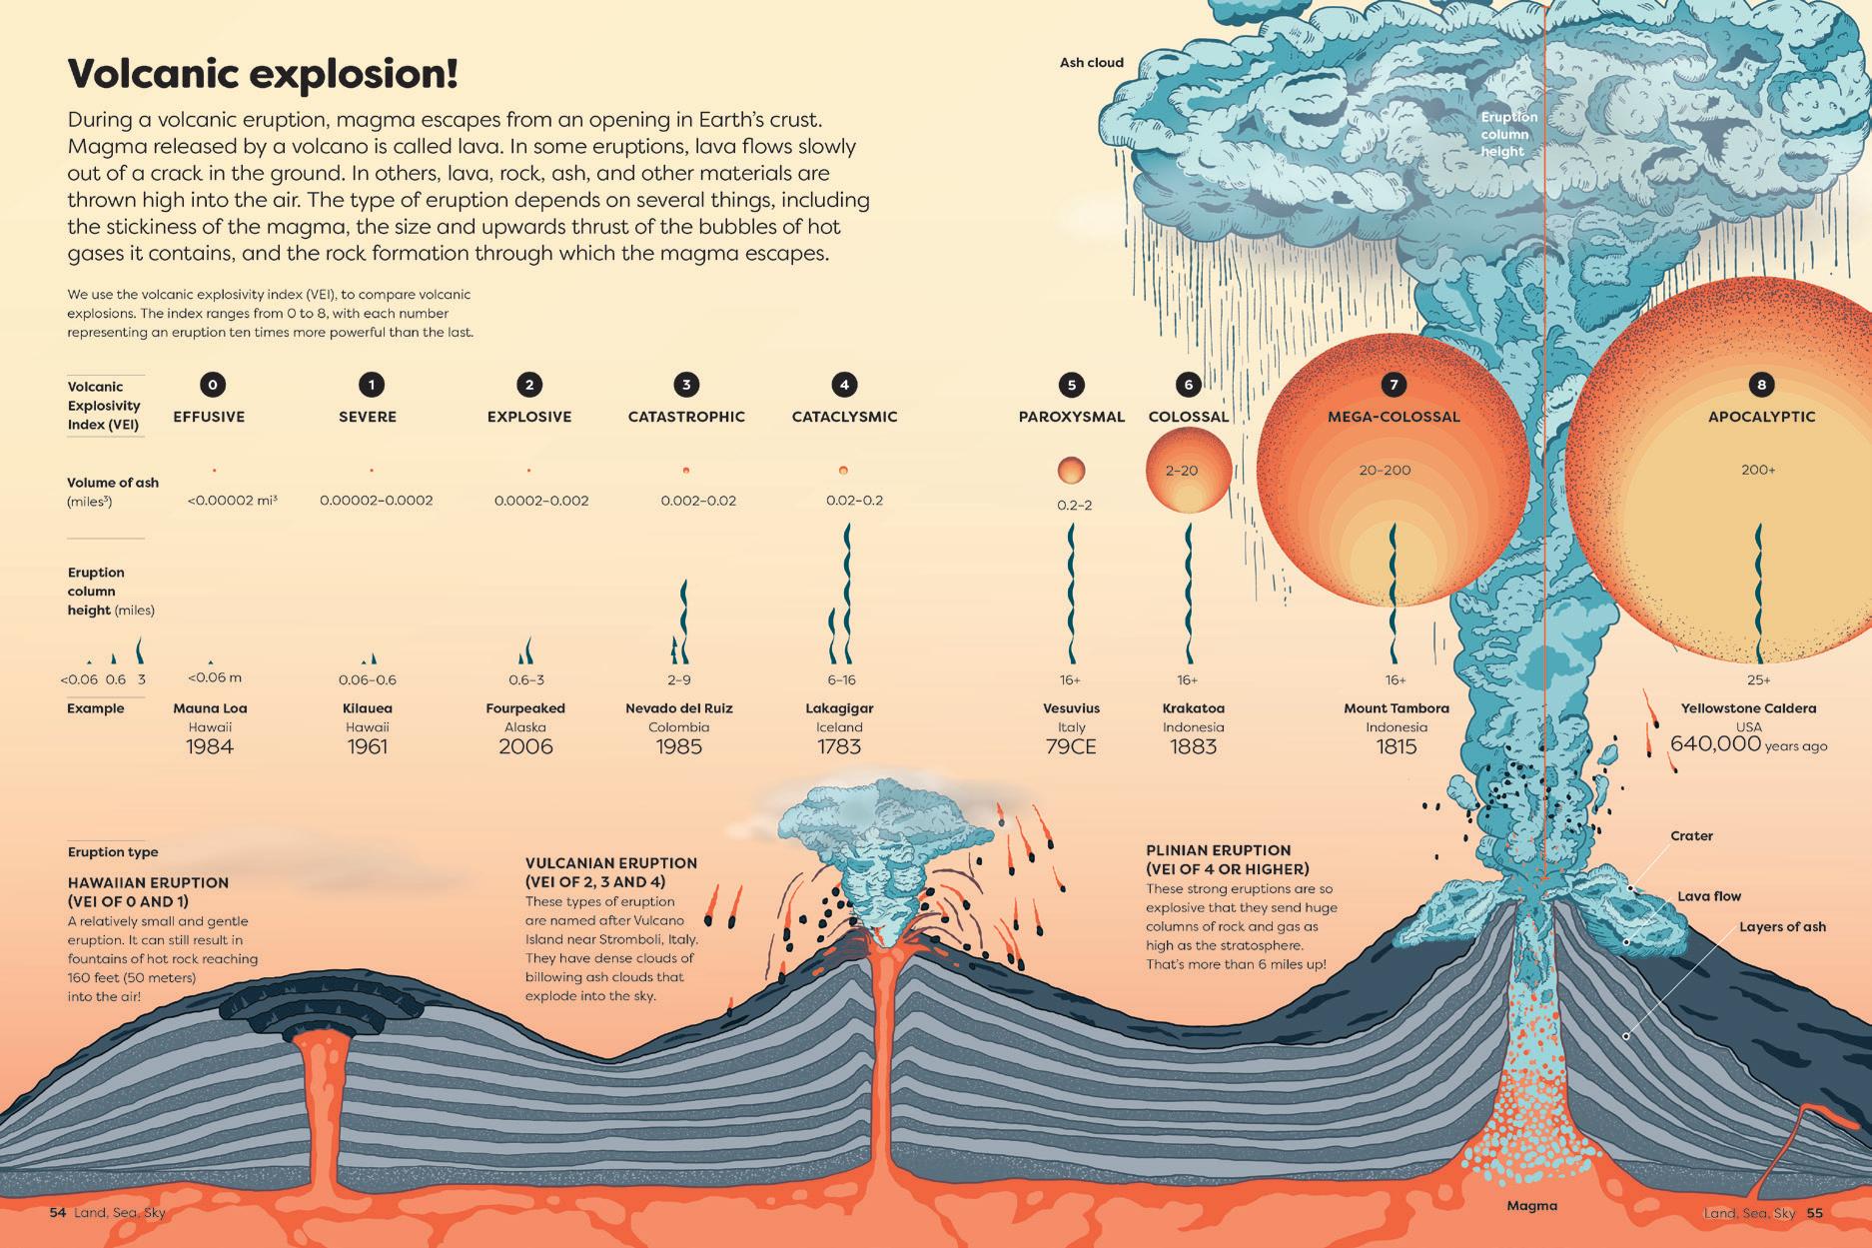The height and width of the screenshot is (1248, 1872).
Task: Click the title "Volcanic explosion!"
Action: [262, 74]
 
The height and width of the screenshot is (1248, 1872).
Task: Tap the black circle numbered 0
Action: [212, 385]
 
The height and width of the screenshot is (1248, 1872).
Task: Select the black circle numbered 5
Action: [1071, 385]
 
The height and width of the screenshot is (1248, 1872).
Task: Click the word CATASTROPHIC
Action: [686, 417]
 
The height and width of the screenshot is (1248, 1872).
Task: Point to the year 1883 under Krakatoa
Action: [1193, 746]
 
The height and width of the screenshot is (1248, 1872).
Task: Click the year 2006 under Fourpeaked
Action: [525, 746]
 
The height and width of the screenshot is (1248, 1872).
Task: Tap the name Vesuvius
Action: [1071, 708]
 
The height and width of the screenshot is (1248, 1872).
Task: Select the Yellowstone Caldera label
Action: [1748, 708]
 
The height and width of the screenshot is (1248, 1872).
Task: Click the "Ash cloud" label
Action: [1091, 63]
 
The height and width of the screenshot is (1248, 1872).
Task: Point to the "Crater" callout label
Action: [1691, 836]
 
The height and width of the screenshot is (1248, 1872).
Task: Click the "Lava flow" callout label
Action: [1709, 896]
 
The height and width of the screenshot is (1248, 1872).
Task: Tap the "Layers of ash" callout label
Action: [1782, 927]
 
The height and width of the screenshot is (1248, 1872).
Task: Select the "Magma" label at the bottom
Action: [1531, 1206]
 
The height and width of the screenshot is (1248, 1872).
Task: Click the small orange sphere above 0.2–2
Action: [1071, 470]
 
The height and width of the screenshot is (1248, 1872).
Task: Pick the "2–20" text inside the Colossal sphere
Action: [1182, 471]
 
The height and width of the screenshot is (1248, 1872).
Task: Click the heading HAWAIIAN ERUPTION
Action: [148, 883]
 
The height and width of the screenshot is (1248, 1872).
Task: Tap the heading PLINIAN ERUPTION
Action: [1218, 850]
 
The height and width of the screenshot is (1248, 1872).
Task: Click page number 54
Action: [58, 1213]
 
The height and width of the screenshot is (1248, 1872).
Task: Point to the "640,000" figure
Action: [1715, 743]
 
